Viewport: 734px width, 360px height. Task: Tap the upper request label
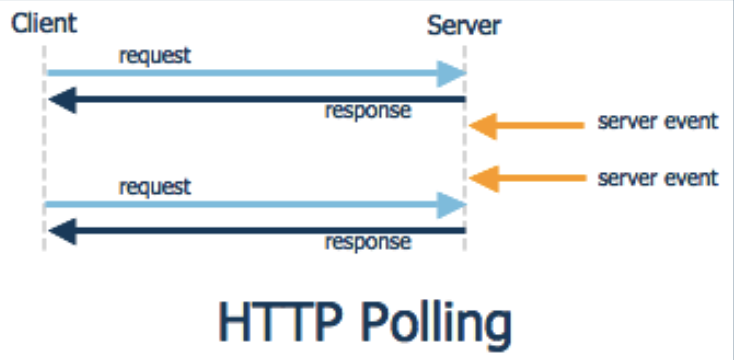click(155, 56)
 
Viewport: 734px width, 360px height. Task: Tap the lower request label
click(155, 187)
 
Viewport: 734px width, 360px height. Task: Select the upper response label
click(368, 111)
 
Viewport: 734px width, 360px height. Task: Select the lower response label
click(368, 242)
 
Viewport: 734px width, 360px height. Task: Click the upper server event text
click(658, 121)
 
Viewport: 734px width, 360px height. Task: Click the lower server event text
click(658, 178)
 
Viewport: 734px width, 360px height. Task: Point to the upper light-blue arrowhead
click(450, 74)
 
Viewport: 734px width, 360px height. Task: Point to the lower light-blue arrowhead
click(450, 205)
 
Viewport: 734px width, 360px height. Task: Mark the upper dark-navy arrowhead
click(64, 100)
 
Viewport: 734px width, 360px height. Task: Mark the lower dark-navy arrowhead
click(64, 231)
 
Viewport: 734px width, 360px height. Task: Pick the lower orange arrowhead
click(485, 178)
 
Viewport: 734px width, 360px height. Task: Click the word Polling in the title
click(436, 324)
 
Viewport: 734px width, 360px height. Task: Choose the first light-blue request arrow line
click(241, 73)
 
